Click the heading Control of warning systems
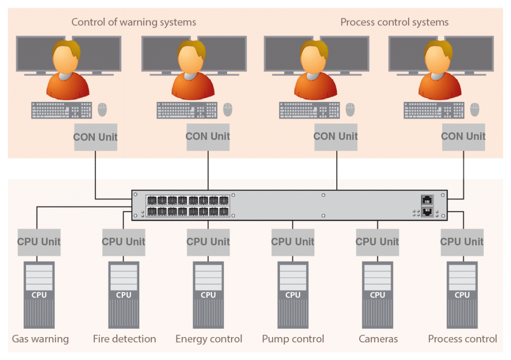tap(134, 22)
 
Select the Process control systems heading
tap(394, 22)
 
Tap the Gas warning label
tap(40, 339)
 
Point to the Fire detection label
tap(124, 339)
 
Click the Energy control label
tap(209, 339)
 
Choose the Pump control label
tap(293, 339)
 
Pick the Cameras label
tap(378, 339)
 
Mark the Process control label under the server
tap(463, 339)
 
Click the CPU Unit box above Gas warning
tap(39, 242)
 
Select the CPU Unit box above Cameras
tap(377, 242)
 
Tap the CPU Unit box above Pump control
tap(293, 242)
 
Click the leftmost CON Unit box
tap(95, 137)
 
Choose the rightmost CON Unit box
tap(463, 136)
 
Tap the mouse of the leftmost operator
tap(102, 109)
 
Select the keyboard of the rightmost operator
tap(434, 110)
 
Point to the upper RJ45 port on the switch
tap(427, 199)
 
